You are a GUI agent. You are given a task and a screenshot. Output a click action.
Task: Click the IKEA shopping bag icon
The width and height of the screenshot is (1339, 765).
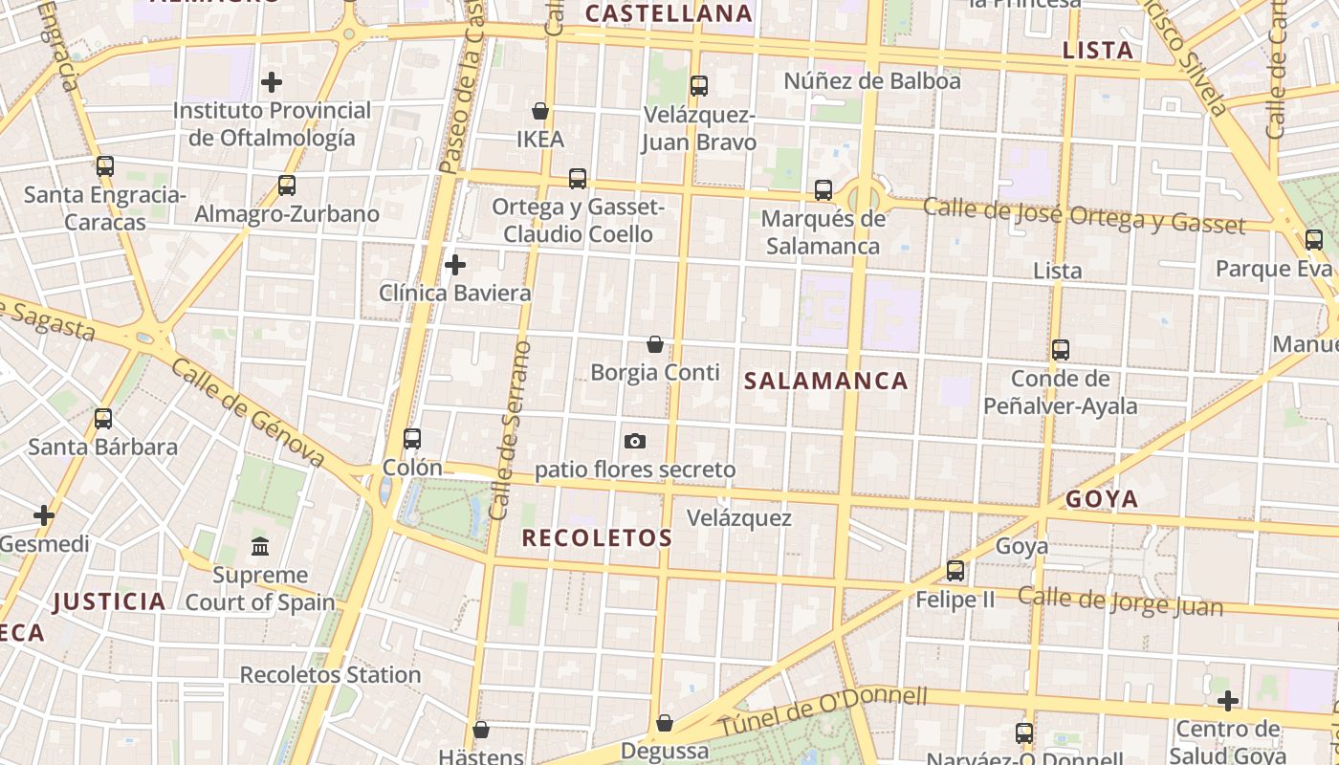[540, 111]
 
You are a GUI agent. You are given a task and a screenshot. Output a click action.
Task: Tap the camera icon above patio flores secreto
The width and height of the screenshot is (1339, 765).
[634, 441]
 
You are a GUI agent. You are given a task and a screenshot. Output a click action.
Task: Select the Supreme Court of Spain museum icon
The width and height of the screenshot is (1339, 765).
[259, 547]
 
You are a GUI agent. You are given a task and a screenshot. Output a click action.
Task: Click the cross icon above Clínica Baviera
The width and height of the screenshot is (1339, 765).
[455, 264]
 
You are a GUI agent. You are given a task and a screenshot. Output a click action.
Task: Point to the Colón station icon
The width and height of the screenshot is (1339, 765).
[412, 439]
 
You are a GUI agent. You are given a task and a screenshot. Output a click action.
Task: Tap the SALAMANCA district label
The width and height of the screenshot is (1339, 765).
[825, 381]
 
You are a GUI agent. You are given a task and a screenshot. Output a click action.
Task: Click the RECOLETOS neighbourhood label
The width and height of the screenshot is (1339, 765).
[597, 537]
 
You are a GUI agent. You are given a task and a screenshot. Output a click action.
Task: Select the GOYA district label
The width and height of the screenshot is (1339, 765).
[1102, 499]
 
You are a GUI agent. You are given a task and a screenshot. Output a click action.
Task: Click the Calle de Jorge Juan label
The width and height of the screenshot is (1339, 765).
[1120, 601]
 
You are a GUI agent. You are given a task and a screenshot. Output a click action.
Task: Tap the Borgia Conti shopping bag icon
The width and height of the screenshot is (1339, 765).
[655, 344]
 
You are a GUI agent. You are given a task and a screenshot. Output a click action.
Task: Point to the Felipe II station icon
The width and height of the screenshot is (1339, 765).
[955, 571]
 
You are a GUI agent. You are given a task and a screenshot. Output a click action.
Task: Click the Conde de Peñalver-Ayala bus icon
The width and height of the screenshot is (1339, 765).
[1060, 350]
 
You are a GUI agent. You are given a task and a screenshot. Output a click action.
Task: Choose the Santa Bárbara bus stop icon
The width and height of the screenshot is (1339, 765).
[103, 418]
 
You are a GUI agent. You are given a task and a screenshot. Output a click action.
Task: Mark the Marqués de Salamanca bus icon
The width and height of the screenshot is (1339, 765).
[823, 190]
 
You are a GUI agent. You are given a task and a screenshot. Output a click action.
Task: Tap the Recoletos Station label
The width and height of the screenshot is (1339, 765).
[330, 674]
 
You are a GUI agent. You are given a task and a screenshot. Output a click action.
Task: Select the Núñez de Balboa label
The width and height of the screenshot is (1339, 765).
[871, 80]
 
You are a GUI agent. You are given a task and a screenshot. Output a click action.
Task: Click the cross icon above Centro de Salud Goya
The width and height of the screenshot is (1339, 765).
[1227, 701]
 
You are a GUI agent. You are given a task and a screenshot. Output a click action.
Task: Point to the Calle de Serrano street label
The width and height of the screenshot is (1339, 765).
[511, 430]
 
